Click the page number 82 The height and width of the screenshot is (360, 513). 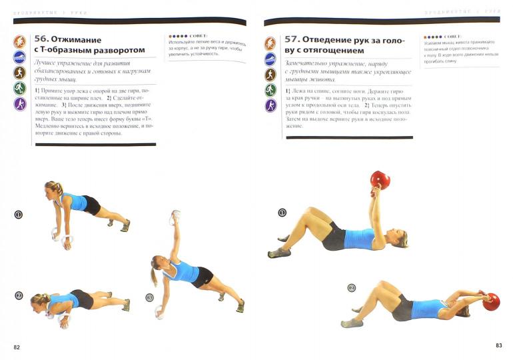click(x=17, y=347)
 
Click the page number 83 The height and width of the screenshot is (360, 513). click(x=498, y=345)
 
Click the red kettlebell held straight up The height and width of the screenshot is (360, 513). click(x=380, y=181)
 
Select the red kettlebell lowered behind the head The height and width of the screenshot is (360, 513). click(x=492, y=301)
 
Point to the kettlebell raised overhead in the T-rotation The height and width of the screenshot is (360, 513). click(x=175, y=217)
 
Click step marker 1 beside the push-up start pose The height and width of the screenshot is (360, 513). click(x=18, y=215)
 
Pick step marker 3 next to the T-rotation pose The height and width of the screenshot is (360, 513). click(x=149, y=297)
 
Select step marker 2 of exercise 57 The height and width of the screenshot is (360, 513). click(x=352, y=287)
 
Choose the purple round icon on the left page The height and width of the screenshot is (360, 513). click(x=20, y=104)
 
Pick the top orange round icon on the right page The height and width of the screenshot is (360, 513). click(x=270, y=44)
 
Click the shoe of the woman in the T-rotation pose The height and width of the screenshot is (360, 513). click(x=239, y=306)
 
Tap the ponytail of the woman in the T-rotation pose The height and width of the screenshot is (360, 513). click(x=155, y=273)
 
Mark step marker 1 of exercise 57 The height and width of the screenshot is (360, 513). click(x=282, y=213)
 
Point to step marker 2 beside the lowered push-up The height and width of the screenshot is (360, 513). click(x=19, y=295)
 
